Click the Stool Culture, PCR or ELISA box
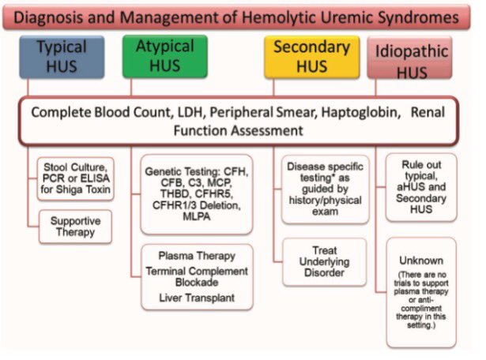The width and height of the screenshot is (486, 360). [77, 178]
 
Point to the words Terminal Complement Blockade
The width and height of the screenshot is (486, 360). [196, 278]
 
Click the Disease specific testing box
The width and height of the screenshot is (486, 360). [324, 189]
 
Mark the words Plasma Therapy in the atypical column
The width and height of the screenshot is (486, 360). [195, 257]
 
